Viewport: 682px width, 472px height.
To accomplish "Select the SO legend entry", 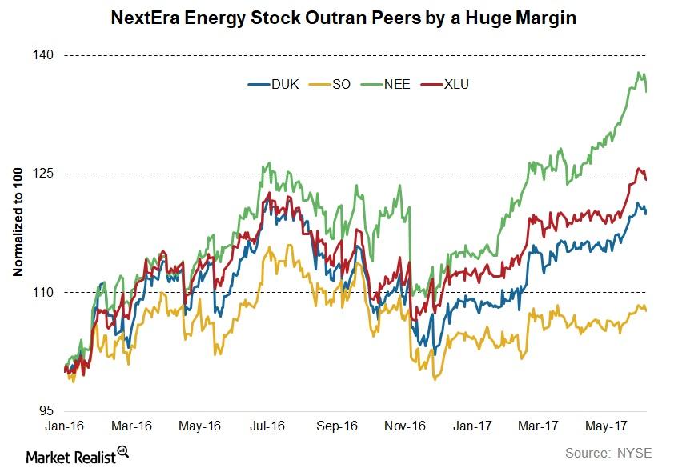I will [341, 84].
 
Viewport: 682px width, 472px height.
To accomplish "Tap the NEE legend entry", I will [395, 84].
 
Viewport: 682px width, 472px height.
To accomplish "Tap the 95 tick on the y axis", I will [46, 410].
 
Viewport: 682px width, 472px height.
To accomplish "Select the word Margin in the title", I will [542, 17].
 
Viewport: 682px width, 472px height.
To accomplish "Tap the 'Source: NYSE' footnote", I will [608, 453].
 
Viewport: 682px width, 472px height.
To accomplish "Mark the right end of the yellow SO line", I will [646, 310].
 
